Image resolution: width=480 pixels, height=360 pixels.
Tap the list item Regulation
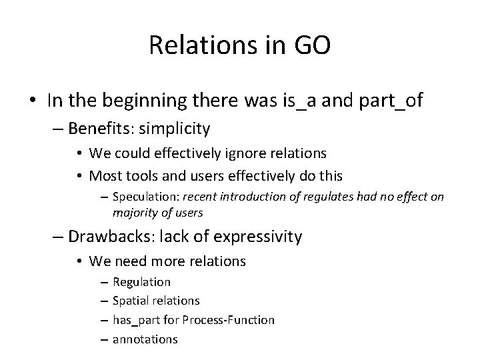pyautogui.click(x=141, y=282)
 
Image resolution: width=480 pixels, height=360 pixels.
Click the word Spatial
pyautogui.click(x=131, y=301)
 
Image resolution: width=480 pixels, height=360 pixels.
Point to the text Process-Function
pyautogui.click(x=228, y=320)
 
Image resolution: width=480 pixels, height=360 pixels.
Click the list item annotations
pyautogui.click(x=145, y=339)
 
